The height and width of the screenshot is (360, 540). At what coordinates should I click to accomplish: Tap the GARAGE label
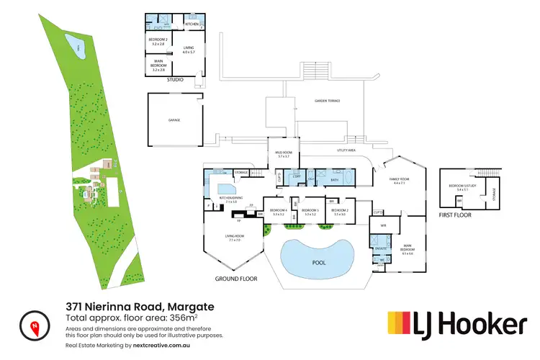[174, 120]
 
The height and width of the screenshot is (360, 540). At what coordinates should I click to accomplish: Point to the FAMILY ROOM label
[400, 181]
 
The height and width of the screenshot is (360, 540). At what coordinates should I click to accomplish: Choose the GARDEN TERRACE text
[328, 102]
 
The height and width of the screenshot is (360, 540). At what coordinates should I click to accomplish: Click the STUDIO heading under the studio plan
[174, 80]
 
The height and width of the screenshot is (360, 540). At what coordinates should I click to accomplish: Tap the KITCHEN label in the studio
[192, 24]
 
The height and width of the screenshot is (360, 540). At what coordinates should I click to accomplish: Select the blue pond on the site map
[78, 49]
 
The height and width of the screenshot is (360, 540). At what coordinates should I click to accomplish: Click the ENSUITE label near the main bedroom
[379, 248]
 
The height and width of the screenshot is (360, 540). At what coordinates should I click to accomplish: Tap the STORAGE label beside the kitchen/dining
[241, 173]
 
